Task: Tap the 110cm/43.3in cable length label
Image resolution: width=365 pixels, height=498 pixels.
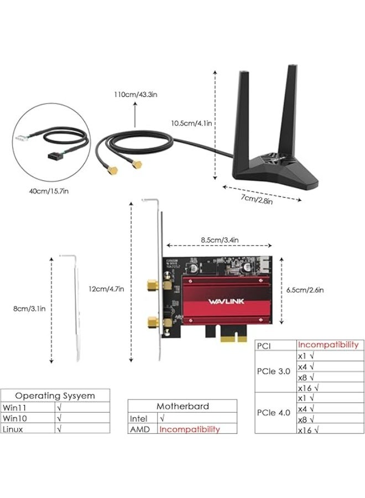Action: [x=135, y=95]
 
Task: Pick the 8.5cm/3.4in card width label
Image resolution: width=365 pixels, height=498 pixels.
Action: [x=220, y=240]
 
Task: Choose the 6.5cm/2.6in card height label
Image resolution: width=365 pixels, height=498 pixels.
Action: [x=305, y=289]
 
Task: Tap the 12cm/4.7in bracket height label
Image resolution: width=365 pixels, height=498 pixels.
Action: [x=106, y=288]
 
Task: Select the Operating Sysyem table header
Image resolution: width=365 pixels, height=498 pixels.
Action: [x=55, y=396]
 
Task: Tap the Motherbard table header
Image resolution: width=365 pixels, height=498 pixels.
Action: [x=182, y=406]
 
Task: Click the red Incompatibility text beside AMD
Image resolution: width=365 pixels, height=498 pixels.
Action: [x=190, y=429]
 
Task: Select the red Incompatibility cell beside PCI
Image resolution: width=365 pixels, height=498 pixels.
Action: [x=328, y=345]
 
